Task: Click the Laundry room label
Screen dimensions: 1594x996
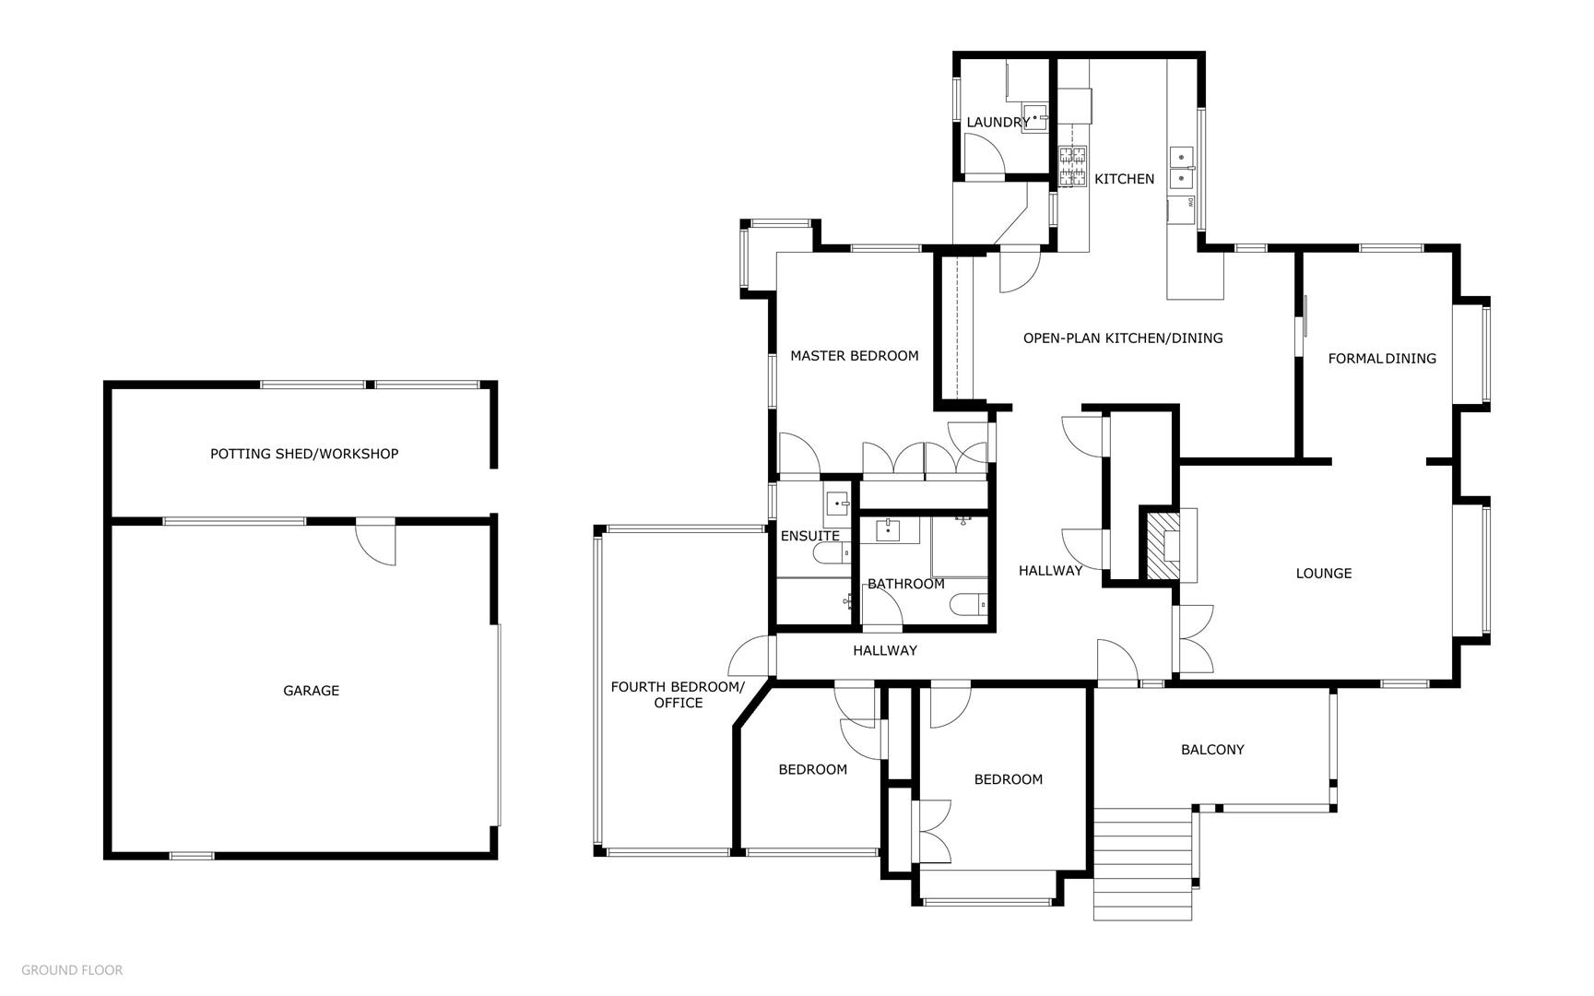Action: pyautogui.click(x=998, y=123)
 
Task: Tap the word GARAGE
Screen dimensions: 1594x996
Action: pyautogui.click(x=311, y=691)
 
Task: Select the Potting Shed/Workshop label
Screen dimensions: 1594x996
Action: pyautogui.click(x=304, y=454)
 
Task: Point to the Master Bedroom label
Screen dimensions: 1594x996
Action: pyautogui.click(x=855, y=356)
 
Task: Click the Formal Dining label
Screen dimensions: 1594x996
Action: pyautogui.click(x=1382, y=359)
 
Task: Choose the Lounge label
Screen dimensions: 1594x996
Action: pyautogui.click(x=1324, y=574)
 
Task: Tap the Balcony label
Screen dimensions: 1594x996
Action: pyautogui.click(x=1212, y=750)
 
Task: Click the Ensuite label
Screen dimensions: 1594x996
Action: pyautogui.click(x=810, y=537)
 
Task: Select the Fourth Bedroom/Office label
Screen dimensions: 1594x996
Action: pyautogui.click(x=678, y=694)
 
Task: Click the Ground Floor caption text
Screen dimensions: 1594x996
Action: pyautogui.click(x=72, y=970)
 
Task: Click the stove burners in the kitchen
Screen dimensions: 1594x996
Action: pyautogui.click(x=1072, y=167)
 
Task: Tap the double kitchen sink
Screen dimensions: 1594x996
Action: pyautogui.click(x=1181, y=167)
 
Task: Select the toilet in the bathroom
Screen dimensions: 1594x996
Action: pyautogui.click(x=968, y=605)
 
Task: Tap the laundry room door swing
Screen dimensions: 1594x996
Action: pyautogui.click(x=985, y=153)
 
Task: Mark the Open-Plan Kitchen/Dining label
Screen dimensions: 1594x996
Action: pyautogui.click(x=1123, y=338)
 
